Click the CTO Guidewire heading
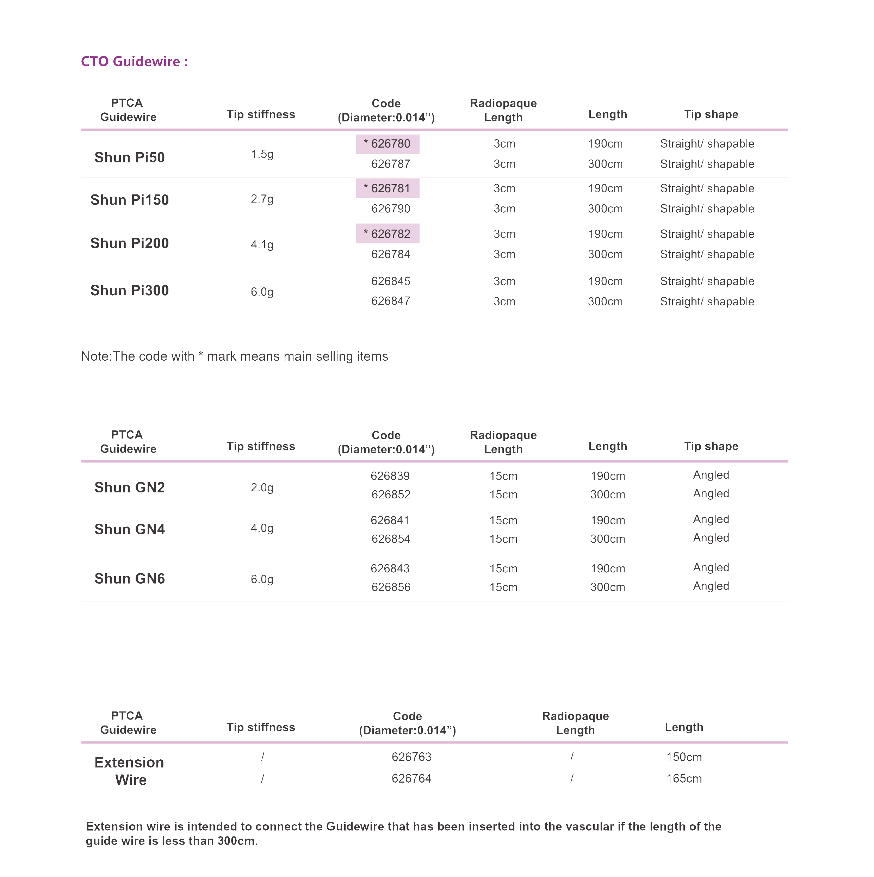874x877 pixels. (134, 61)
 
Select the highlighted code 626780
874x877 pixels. (387, 144)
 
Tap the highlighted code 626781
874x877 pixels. (387, 188)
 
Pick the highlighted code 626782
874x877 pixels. (387, 234)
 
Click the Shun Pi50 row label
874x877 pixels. (129, 157)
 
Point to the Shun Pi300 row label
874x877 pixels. (129, 291)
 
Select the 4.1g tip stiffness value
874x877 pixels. (262, 245)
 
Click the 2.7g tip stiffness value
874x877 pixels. (262, 199)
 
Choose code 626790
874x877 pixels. (390, 209)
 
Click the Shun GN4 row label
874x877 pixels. (129, 529)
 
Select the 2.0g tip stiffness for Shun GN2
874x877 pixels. (262, 488)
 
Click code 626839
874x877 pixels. (390, 476)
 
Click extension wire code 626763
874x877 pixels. (411, 757)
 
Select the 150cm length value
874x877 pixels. (684, 757)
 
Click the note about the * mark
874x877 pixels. (234, 356)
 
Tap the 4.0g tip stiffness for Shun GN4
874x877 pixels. (262, 528)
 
